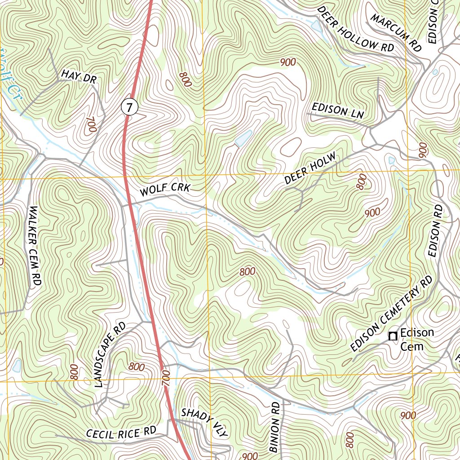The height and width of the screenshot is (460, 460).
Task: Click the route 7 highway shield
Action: (129, 107)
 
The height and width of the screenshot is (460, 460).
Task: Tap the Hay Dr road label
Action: (79, 76)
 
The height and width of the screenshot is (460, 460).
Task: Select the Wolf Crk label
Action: (165, 190)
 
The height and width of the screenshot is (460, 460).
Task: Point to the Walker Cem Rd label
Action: (35, 246)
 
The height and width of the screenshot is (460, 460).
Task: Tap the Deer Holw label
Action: (310, 169)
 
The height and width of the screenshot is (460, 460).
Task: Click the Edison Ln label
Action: (337, 111)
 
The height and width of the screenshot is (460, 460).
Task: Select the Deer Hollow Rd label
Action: (354, 29)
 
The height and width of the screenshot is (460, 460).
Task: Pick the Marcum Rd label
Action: (396, 32)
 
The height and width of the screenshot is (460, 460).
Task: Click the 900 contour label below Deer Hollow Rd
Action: (287, 62)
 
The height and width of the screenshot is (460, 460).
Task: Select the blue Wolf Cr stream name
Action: (5, 67)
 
